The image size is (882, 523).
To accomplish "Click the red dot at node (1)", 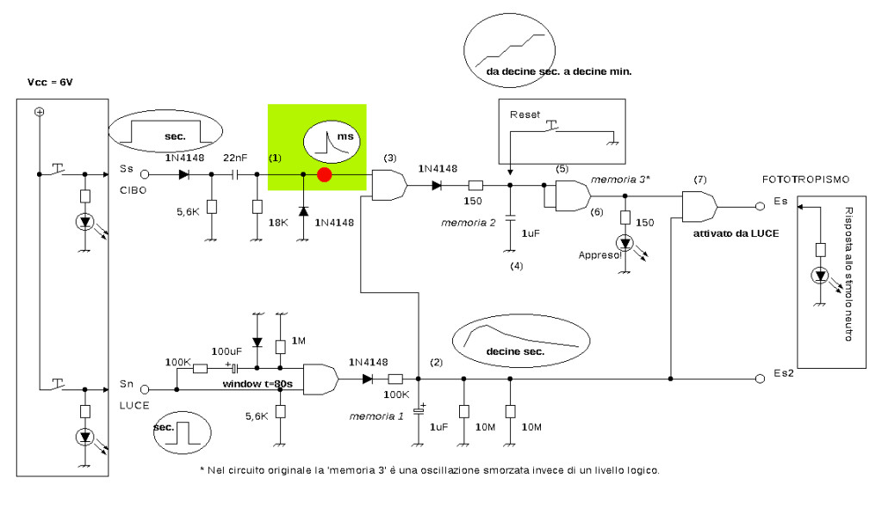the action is point(324,175).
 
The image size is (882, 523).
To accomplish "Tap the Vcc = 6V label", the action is point(50,83).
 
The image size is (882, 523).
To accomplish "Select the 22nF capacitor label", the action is point(235,158).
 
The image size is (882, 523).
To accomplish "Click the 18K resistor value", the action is point(278,222).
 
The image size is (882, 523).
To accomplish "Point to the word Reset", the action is point(525,115).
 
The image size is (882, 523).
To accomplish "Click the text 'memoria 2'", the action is point(468,223).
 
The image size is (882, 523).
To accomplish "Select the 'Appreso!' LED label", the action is point(600,255).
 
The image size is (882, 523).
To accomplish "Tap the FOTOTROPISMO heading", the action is point(805,179).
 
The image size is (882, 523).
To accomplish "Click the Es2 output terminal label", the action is point(784,373).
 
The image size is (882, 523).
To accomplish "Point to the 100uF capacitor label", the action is point(227,352).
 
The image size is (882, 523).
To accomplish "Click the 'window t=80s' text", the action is point(258,384).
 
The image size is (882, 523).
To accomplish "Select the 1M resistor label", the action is point(299,340).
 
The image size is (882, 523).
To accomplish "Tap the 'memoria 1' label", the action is point(376,417).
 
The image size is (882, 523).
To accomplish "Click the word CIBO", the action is point(133,190).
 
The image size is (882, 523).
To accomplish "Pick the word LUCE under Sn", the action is point(134,405).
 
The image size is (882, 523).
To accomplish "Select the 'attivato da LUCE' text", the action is point(736,233).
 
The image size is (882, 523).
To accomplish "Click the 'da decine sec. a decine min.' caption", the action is point(558,72).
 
